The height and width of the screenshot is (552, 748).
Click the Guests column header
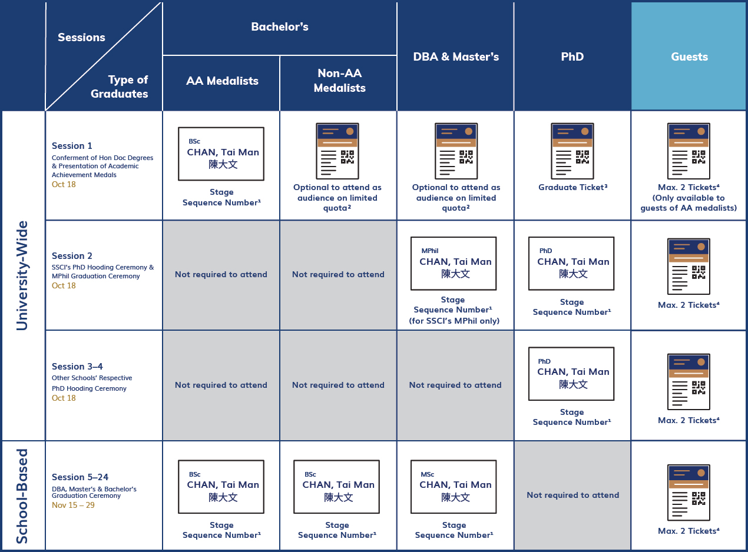689,56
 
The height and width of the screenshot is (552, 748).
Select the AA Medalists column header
222,81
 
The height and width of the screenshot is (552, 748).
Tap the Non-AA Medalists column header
340,81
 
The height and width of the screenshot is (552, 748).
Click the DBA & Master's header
456,56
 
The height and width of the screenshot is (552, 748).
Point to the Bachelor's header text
280,26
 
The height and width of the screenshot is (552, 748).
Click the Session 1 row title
72,145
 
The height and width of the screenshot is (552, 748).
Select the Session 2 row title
72,256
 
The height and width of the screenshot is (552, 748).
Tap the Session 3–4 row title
77,366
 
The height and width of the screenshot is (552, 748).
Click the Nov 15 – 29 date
73,505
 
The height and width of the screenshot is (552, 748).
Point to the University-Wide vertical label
22,275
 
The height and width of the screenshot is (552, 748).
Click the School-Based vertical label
22,496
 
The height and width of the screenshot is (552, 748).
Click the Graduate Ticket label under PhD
572,187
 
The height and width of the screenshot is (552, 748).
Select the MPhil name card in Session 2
454,264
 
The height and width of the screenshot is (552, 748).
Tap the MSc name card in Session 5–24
454,487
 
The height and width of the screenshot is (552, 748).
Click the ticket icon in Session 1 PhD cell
572,151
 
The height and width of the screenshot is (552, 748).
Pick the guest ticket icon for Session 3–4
689,382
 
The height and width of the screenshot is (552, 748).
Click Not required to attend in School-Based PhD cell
572,495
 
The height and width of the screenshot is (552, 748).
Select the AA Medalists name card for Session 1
221,154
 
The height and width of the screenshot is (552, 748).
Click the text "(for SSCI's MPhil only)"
454,321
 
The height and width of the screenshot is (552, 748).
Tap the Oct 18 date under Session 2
64,285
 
